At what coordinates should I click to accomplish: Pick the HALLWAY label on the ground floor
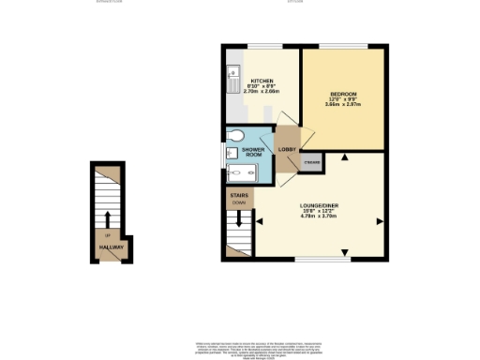[x=110, y=247]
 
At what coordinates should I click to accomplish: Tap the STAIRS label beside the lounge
[x=240, y=194]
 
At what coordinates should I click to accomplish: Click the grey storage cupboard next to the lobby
[x=311, y=163]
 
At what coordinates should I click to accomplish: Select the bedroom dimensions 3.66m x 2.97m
[x=343, y=104]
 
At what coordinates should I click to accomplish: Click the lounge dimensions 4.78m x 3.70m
[x=319, y=217]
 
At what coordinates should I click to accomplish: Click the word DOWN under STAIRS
[x=240, y=202]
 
